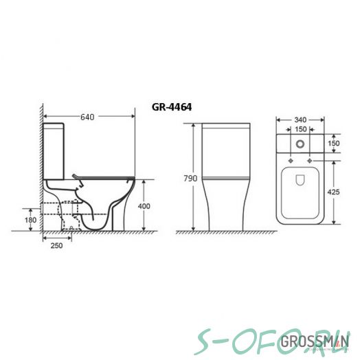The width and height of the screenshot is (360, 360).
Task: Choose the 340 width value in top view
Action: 300,118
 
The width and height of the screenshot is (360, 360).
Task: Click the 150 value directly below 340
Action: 300,128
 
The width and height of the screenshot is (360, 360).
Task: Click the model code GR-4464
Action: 171,107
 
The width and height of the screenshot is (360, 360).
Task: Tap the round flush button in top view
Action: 300,144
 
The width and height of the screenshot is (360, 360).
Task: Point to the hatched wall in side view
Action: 41,172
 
